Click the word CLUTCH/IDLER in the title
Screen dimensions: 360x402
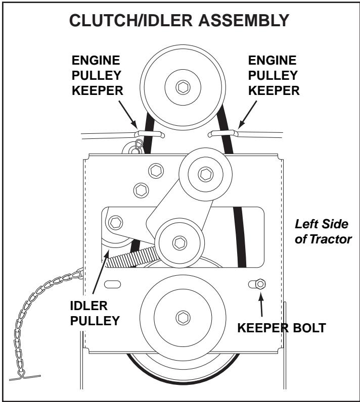[x=130, y=20]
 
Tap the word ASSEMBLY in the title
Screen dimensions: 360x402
[x=244, y=20]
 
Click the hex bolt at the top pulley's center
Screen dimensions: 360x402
[x=183, y=87]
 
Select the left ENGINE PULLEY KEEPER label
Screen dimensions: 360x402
[x=97, y=75]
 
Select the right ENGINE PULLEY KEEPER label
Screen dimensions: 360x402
[x=274, y=75]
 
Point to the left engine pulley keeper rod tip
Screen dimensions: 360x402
[x=163, y=135]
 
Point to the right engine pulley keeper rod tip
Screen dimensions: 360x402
[x=210, y=134]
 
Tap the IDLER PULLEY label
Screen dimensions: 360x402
[x=95, y=313]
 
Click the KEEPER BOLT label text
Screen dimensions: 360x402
[x=282, y=328]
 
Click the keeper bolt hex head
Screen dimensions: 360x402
[x=260, y=284]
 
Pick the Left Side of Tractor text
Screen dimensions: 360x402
[x=323, y=232]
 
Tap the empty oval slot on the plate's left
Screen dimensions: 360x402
[x=112, y=284]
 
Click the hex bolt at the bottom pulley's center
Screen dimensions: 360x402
[x=183, y=317]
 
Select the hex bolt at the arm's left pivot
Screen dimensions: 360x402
[x=116, y=223]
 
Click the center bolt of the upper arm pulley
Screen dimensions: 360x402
[x=205, y=175]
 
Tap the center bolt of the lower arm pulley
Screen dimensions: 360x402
[x=179, y=243]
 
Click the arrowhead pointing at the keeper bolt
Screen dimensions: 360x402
[x=261, y=296]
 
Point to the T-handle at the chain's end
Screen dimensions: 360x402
[x=25, y=377]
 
